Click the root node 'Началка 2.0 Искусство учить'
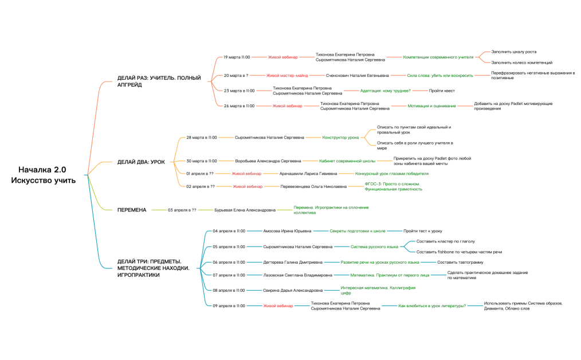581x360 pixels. click(42, 175)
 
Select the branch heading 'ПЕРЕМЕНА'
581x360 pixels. click(132, 210)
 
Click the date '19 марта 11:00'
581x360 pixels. click(237, 57)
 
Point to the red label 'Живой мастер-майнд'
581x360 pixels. click(287, 75)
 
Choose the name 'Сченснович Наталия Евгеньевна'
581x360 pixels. click(357, 75)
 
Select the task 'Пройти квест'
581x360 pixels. click(441, 91)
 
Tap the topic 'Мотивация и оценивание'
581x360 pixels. click(431, 106)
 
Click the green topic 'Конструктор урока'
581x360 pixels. click(340, 138)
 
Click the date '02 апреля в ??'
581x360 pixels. click(201, 186)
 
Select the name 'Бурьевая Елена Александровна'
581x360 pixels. click(245, 210)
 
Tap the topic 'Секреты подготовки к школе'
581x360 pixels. click(357, 231)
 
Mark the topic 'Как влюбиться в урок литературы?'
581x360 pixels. click(432, 306)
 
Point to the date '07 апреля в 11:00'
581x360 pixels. click(229, 275)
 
